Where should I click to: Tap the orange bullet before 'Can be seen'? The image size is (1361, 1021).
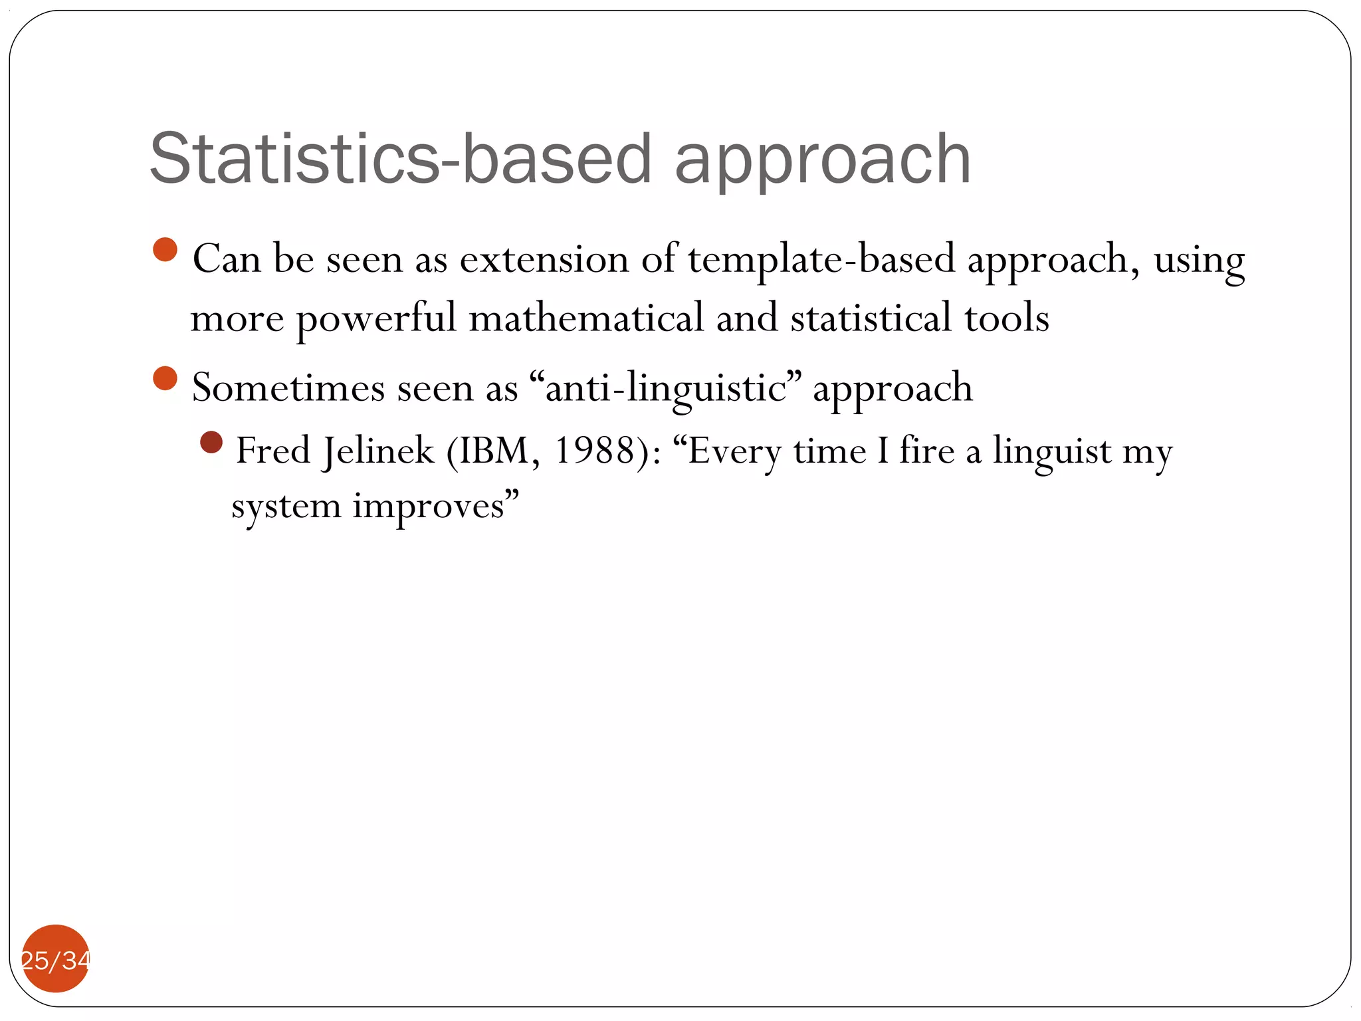(165, 250)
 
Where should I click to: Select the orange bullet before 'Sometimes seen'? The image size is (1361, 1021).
(165, 379)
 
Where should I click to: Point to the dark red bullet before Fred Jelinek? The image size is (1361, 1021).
(211, 442)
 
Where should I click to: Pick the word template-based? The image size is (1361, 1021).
(821, 260)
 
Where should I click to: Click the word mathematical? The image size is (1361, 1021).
(585, 318)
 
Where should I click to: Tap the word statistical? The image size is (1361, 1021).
(871, 318)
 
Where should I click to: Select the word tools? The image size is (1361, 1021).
(1006, 318)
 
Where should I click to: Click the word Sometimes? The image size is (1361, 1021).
(288, 388)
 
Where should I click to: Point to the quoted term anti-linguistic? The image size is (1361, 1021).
(665, 388)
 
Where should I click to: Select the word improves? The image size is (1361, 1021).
(428, 507)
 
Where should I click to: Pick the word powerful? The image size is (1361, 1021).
(376, 319)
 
